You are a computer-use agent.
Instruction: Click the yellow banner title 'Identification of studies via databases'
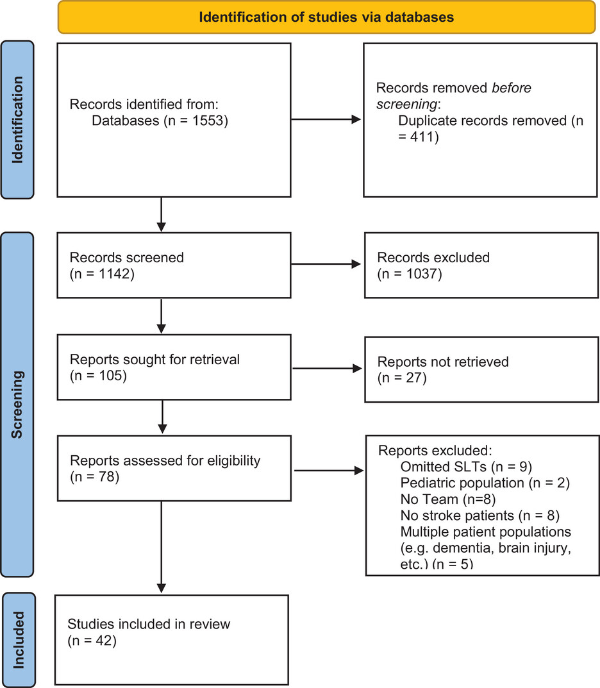326,17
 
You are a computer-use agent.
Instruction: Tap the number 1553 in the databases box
208,121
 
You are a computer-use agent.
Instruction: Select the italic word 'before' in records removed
512,88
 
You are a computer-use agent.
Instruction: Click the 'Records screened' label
127,258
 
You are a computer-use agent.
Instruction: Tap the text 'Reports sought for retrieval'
155,359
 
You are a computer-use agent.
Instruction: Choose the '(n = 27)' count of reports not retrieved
402,378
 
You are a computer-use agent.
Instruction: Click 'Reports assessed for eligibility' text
165,461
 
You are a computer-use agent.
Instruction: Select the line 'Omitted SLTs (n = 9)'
466,467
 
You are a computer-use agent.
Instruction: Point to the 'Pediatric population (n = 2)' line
485,483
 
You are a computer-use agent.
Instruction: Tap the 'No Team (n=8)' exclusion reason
448,499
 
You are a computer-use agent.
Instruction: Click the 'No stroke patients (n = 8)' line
480,516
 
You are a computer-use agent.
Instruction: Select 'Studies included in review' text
149,624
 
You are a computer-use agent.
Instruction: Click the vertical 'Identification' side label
17,120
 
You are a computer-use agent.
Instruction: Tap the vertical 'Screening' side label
17,405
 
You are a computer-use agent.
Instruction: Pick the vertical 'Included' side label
19,640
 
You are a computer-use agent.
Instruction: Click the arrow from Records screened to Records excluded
326,264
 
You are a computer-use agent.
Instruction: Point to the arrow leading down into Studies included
162,547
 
